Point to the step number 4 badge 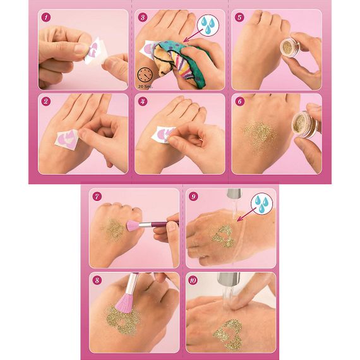tap(143, 100)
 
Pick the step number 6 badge tap(239, 100)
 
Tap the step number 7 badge tap(96, 195)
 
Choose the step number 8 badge tap(96, 279)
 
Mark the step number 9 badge tap(193, 195)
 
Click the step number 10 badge tap(193, 279)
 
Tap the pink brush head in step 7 tap(135, 225)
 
